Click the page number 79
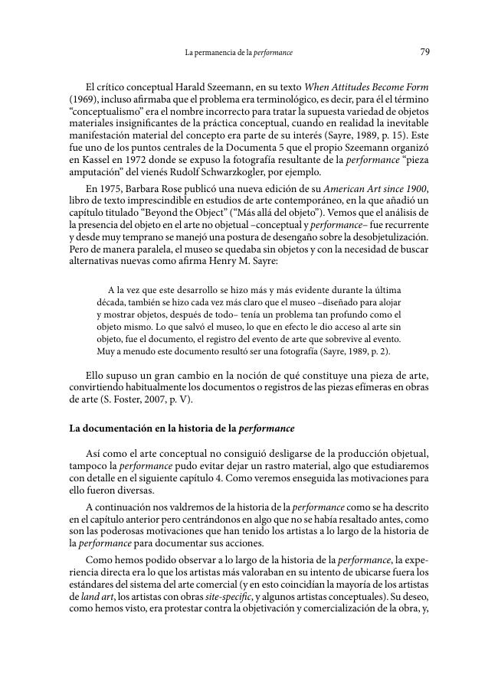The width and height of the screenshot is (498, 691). (424, 52)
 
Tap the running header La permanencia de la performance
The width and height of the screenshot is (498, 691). (239, 53)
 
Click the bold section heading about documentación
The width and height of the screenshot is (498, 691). (182, 428)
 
